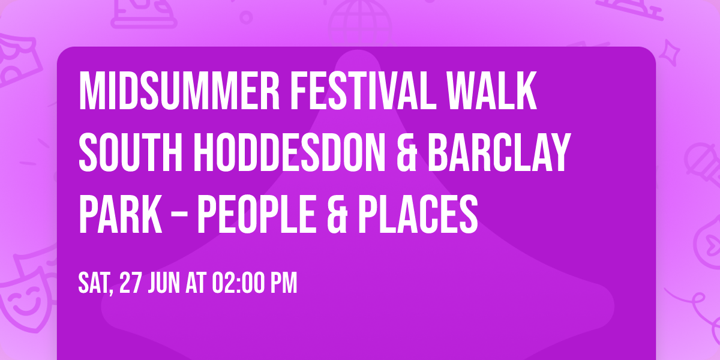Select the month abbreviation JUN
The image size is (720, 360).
(x=165, y=284)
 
